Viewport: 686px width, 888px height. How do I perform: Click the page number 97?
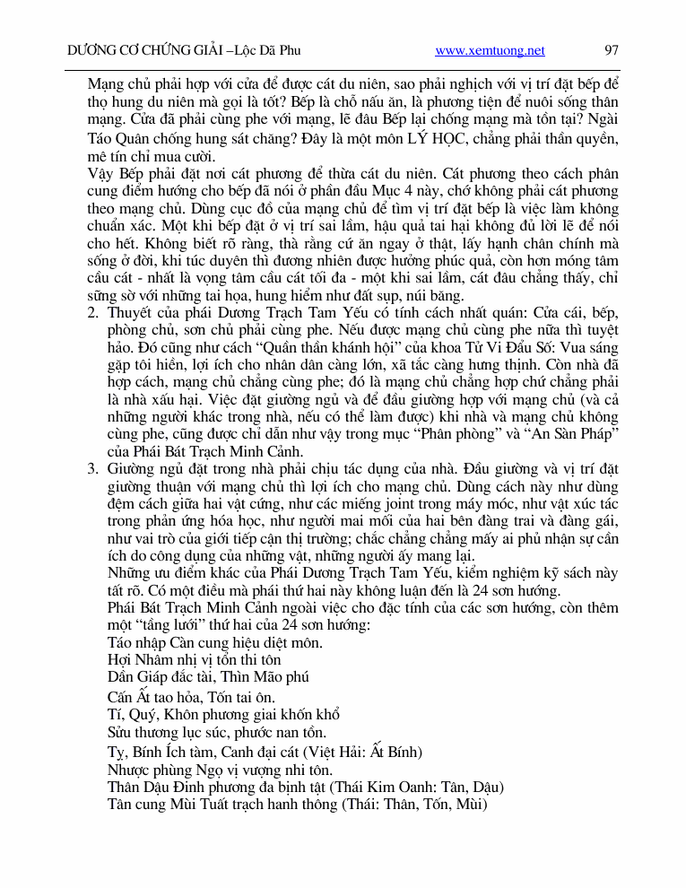pos(612,50)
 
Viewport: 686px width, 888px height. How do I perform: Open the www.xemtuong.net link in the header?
pos(490,50)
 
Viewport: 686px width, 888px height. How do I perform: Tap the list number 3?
pos(92,468)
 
